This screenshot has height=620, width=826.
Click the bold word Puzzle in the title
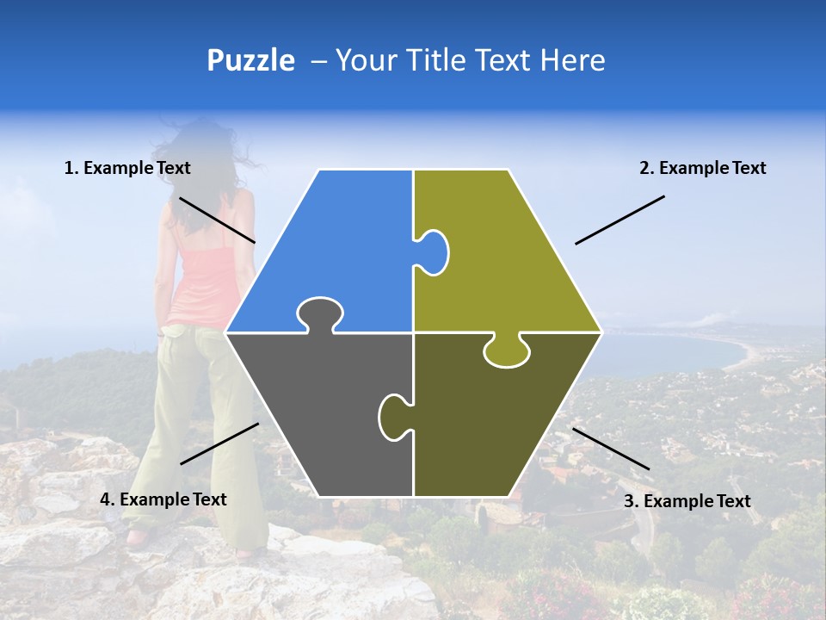click(x=250, y=60)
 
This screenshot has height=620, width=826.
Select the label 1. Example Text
click(x=127, y=168)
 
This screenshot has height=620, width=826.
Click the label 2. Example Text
click(x=702, y=168)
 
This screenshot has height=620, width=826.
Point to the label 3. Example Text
click(x=687, y=501)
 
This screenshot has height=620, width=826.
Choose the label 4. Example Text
click(x=163, y=499)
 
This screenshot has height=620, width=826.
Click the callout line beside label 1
click(x=217, y=220)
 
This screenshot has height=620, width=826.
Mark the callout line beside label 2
click(x=619, y=220)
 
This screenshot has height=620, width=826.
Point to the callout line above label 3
click(x=611, y=449)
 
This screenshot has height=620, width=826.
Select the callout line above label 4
click(x=219, y=443)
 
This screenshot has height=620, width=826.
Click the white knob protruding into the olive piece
click(x=432, y=251)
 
